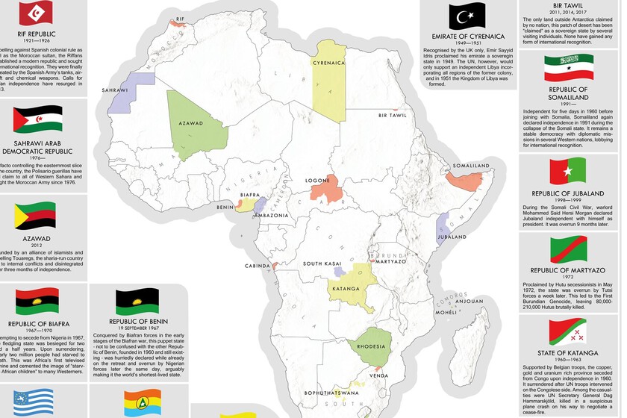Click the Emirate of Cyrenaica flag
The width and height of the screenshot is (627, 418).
tap(467, 16)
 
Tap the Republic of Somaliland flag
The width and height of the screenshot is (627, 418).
tap(569, 68)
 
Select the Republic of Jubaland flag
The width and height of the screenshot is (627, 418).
tap(569, 172)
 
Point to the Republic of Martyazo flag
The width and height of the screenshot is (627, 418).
tap(569, 249)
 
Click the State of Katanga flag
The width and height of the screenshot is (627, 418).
tap(569, 331)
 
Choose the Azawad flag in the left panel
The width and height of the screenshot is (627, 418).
tap(36, 216)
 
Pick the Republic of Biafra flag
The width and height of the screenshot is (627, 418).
tap(37, 302)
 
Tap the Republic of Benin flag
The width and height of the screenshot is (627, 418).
tap(137, 302)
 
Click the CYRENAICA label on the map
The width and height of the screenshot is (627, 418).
tap(329, 63)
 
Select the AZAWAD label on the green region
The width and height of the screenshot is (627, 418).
tap(191, 122)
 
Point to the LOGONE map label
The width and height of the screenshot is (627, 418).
tap(318, 181)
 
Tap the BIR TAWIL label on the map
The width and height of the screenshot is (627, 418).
tap(393, 116)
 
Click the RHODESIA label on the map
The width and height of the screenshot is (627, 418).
tap(370, 346)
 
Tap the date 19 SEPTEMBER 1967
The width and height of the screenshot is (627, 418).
tap(137, 328)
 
